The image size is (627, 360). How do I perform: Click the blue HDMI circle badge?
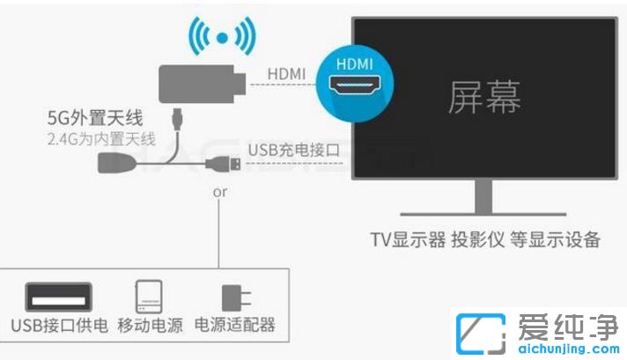click(355, 84)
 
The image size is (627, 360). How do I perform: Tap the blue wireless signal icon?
click(222, 37)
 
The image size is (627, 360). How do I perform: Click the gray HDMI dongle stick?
click(203, 84)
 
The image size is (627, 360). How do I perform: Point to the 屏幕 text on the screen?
click(484, 97)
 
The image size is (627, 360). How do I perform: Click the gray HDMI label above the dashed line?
click(286, 74)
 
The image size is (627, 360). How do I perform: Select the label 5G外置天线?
click(95, 118)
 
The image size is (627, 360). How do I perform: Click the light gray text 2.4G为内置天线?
click(101, 139)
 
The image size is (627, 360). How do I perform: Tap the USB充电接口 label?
click(294, 151)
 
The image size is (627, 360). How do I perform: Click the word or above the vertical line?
click(220, 192)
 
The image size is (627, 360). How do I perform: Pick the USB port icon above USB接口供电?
click(59, 297)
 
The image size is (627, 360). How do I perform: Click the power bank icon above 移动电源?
click(149, 297)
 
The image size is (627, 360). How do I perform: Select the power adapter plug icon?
click(236, 298)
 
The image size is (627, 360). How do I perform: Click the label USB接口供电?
click(60, 326)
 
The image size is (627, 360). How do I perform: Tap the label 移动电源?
click(151, 326)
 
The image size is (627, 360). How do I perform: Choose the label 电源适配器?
click(235, 325)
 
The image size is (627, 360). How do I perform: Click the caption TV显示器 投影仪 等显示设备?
click(485, 239)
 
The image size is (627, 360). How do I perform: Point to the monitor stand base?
click(483, 214)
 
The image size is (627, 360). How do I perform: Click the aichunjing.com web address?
click(569, 349)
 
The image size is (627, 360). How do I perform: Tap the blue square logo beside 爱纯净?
click(481, 334)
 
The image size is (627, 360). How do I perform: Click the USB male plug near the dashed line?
click(224, 164)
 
